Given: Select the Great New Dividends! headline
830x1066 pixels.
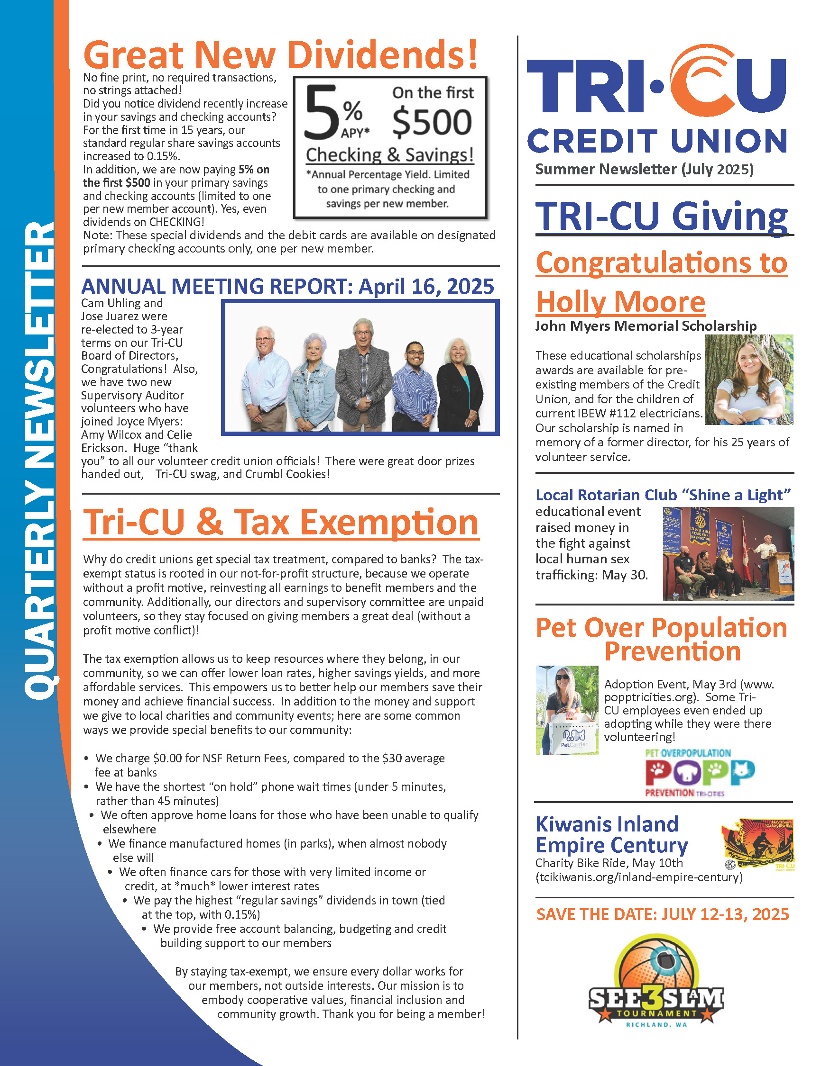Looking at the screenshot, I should pyautogui.click(x=280, y=54).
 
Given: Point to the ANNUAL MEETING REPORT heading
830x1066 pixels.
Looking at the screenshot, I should pyautogui.click(x=288, y=287).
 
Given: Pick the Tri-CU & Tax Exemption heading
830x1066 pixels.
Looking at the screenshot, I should pyautogui.click(x=281, y=522).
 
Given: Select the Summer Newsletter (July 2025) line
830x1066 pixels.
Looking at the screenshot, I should pyautogui.click(x=645, y=169).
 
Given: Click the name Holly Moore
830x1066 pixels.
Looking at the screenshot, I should pyautogui.click(x=620, y=302).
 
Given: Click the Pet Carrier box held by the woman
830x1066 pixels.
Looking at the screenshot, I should pyautogui.click(x=573, y=736).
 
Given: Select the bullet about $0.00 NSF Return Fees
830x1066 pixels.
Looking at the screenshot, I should pyautogui.click(x=270, y=765).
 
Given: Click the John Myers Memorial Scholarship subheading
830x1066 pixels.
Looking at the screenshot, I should pyautogui.click(x=646, y=325).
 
